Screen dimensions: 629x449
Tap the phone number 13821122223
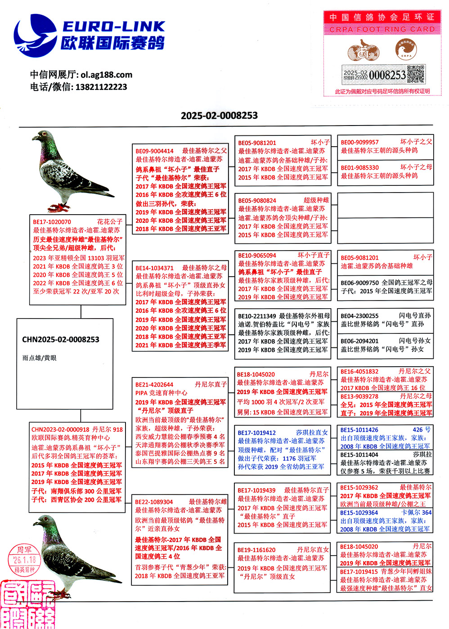(101, 87)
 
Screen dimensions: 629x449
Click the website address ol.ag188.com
(107, 75)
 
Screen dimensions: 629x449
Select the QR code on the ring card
(416, 75)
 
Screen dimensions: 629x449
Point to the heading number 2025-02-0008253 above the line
(219, 116)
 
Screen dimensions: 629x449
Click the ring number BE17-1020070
(52, 222)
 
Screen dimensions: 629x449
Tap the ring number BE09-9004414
(154, 151)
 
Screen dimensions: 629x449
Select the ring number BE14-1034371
(154, 268)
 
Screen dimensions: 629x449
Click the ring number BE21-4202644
(154, 385)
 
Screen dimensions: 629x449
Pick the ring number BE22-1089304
(154, 502)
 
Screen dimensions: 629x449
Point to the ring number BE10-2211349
(257, 316)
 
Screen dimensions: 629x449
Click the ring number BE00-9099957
(359, 142)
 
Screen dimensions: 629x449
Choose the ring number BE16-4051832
(359, 372)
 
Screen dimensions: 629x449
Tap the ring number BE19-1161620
(256, 550)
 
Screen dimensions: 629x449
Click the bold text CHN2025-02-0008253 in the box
(61, 340)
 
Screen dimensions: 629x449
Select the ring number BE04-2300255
(359, 316)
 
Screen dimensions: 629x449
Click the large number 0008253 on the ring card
(387, 75)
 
